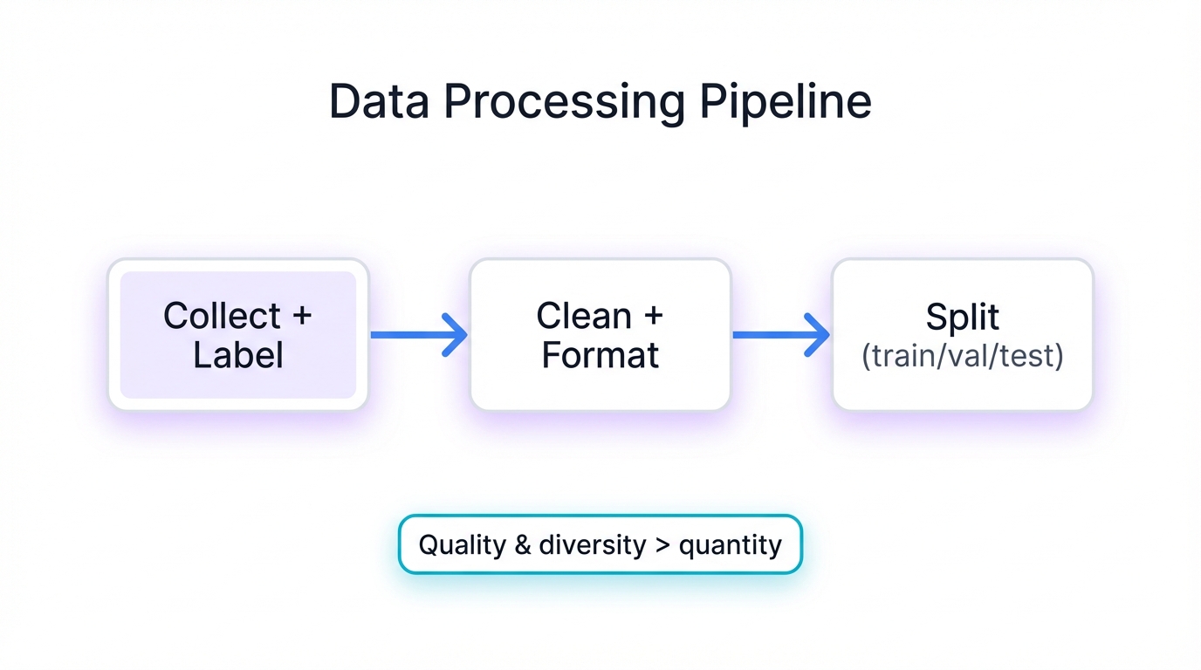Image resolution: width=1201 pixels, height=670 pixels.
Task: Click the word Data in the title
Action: coord(380,103)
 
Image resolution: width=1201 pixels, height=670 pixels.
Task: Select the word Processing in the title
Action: coord(564,103)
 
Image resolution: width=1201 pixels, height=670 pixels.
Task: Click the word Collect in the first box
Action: coord(222,316)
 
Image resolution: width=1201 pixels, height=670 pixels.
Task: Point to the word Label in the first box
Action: coord(237,356)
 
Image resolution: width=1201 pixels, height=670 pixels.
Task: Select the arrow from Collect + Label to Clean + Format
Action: coord(417,335)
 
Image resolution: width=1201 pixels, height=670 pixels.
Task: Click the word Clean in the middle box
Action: coord(584,316)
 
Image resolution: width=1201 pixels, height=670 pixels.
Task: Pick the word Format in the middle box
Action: coord(600,356)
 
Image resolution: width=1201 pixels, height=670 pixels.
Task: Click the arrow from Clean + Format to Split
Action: coord(779,335)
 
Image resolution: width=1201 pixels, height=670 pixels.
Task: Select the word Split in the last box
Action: coord(962,318)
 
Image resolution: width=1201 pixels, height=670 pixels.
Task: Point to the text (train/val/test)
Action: coord(962,357)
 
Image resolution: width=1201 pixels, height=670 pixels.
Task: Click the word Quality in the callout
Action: coord(462,545)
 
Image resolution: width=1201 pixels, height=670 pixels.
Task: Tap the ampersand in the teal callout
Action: coord(522,545)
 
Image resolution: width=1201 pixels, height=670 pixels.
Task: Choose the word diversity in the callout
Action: coord(592,545)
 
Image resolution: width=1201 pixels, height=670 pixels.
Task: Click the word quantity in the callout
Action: coord(730,546)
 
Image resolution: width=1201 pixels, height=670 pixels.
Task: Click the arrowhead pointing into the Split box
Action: coord(818,335)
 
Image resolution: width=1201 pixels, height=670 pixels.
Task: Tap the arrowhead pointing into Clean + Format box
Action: coord(456,335)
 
